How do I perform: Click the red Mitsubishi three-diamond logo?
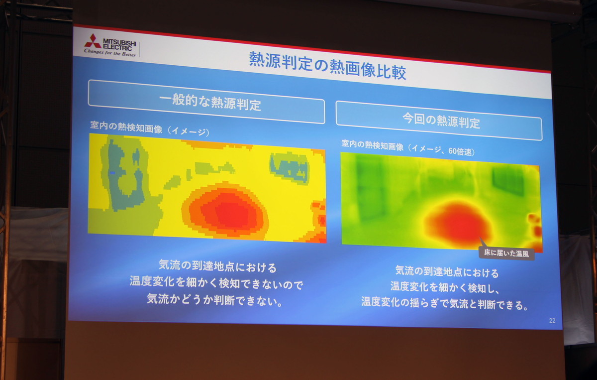93,41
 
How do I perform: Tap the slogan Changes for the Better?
110,52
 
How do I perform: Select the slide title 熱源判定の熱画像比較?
327,66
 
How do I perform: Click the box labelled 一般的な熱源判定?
206,102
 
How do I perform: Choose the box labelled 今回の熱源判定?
439,121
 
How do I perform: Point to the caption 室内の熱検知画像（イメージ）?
150,128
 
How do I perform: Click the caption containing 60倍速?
408,148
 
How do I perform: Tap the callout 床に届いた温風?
506,253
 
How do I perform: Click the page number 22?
552,321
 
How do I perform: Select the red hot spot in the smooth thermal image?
459,224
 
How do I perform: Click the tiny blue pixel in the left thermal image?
112,173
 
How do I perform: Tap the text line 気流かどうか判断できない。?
215,300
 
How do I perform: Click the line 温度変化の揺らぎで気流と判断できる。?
445,303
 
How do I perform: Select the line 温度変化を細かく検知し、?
444,287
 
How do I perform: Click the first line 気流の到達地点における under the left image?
218,266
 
